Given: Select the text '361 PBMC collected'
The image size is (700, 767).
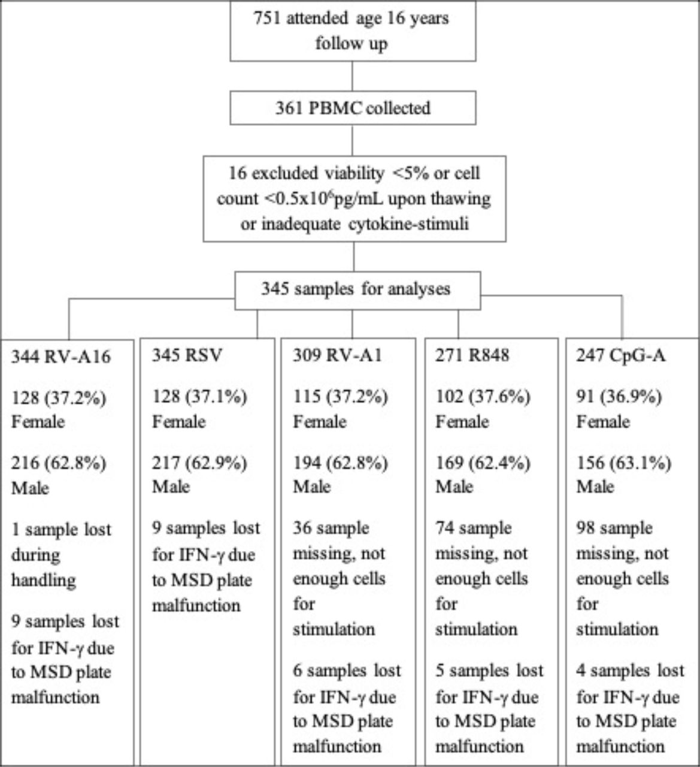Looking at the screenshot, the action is point(353,108).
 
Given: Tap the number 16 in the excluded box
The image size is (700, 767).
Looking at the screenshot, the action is point(237,173).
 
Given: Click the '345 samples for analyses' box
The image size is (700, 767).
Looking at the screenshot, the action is point(357,290).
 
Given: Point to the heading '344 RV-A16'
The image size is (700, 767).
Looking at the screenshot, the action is point(60,357).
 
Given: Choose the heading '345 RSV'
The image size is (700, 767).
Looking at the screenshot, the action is point(187,355).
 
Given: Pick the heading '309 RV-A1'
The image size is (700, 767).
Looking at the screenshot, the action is point(337,355).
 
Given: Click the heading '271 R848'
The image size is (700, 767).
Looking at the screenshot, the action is point(472,355).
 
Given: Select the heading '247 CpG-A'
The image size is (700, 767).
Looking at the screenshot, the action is point(621,355).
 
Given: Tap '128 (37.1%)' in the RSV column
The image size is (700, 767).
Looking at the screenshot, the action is point(199,397).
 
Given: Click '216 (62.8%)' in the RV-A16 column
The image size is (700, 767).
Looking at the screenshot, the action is point(59,463).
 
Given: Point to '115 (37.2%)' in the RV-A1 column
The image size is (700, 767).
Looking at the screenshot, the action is point(341,397).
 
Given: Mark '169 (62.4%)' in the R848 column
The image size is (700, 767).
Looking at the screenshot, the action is point(483,463).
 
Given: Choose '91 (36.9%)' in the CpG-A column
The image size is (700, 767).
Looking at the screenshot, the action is point(619,397).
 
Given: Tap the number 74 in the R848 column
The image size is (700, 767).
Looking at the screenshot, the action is point(444,528).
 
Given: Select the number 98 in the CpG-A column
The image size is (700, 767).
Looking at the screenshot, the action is point(585,528).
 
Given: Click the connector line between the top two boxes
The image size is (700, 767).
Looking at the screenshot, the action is point(352,76).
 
